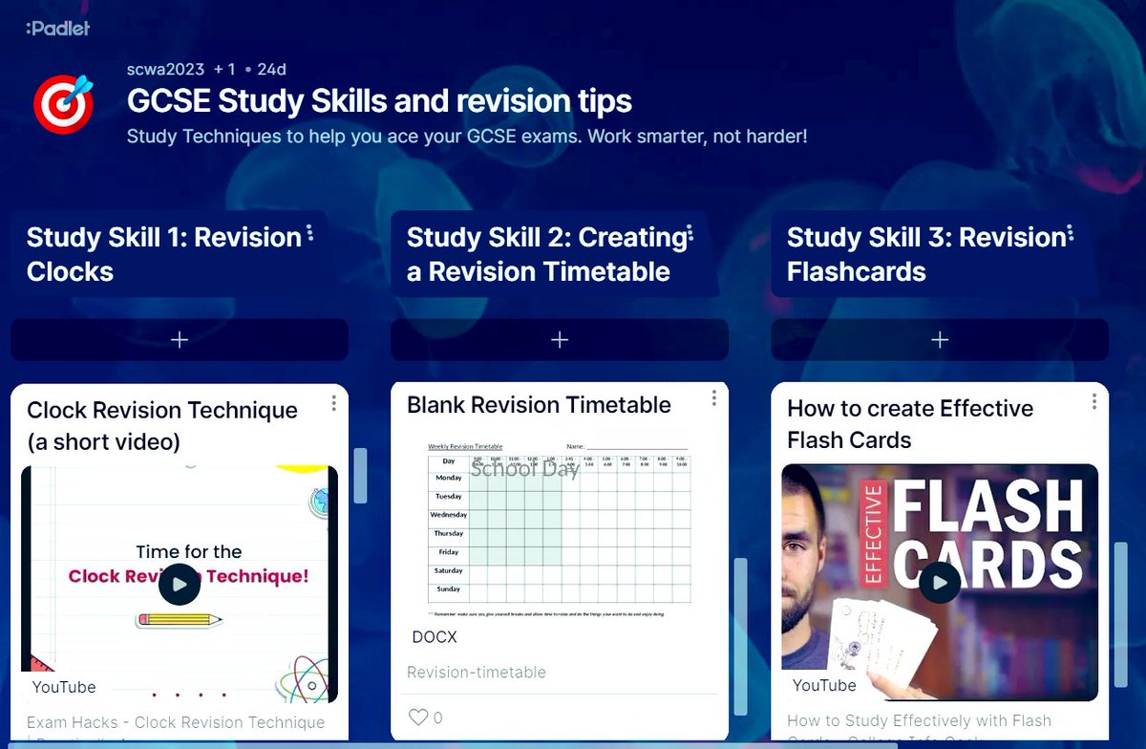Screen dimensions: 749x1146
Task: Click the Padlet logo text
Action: click(x=58, y=29)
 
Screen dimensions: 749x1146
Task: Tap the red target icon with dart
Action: click(x=63, y=103)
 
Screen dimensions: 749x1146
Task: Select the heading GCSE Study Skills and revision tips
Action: click(x=379, y=101)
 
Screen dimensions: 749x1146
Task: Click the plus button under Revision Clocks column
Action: click(x=179, y=340)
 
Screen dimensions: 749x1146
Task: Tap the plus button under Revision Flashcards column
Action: click(x=940, y=340)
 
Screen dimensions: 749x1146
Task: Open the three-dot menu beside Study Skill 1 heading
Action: click(x=310, y=235)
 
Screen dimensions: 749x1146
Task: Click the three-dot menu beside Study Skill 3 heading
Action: click(x=1071, y=235)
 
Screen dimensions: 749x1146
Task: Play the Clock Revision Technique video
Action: click(x=180, y=585)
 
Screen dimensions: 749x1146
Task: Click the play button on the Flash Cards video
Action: click(x=940, y=582)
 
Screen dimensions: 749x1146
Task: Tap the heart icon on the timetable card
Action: click(x=417, y=717)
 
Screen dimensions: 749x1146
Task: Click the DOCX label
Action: click(x=435, y=637)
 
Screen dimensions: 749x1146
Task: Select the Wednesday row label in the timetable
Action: click(x=448, y=515)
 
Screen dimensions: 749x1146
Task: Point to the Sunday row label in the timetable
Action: click(x=448, y=589)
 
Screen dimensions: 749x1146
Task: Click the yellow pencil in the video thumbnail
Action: click(x=180, y=620)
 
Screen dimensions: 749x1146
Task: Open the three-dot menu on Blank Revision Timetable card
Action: click(x=713, y=398)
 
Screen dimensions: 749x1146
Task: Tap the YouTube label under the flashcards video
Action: click(x=824, y=685)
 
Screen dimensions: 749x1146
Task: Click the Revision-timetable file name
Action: click(x=476, y=673)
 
